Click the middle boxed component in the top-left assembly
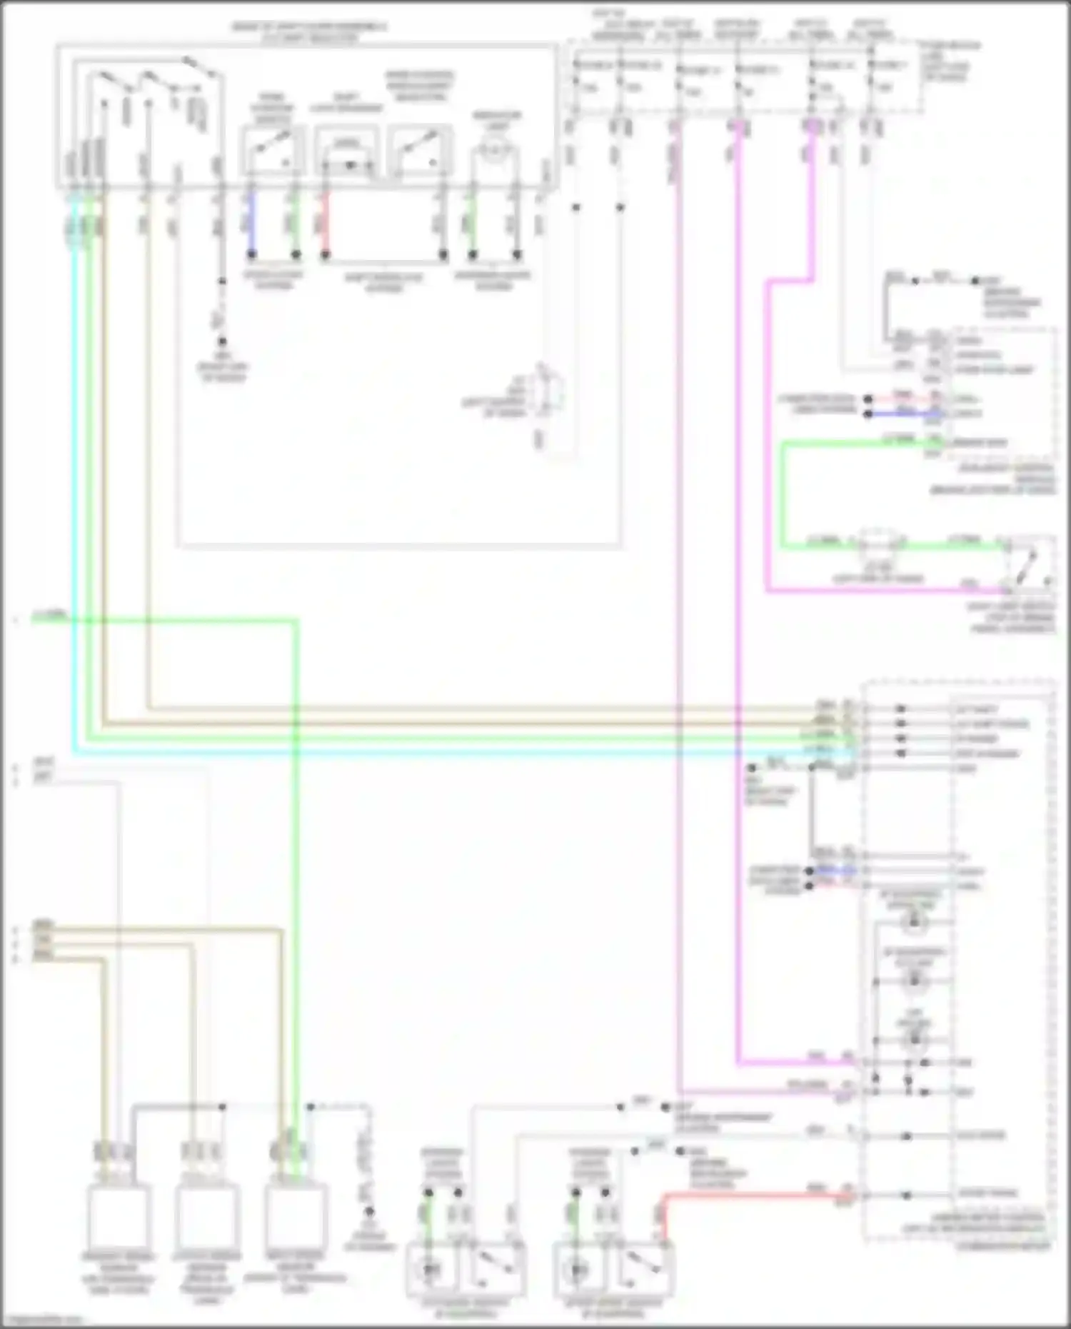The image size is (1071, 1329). (347, 150)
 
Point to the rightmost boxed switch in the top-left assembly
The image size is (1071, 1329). (420, 150)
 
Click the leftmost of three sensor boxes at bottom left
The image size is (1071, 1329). (118, 1216)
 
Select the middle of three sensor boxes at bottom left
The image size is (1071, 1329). (207, 1216)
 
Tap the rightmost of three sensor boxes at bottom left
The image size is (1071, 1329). (296, 1216)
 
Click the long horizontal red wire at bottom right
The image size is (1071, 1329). (757, 1194)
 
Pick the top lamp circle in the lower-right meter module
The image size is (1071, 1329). (913, 922)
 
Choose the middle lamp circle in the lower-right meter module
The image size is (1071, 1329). (914, 982)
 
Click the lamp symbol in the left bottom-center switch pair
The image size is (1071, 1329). (431, 1269)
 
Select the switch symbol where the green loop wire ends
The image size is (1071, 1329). (1028, 568)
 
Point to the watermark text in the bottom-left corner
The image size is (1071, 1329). (43, 1320)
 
